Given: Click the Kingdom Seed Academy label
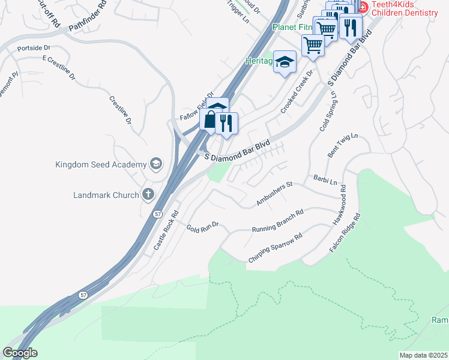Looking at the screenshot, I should pos(101,164).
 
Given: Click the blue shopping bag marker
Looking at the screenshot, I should pos(209,119).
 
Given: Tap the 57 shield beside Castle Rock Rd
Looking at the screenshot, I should pos(158,214).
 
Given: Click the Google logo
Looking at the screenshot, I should pos(20,353).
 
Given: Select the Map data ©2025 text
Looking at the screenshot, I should pos(423,355).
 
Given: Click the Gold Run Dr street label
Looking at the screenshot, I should pos(204,229).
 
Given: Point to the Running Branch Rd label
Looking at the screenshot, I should pos(277,221).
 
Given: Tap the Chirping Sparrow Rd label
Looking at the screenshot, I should pos(274,249).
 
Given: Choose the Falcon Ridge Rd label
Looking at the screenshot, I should pos(344,232).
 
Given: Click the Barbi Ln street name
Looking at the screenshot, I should pos(325,179).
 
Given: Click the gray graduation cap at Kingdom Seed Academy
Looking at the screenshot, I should pos(156,164).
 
